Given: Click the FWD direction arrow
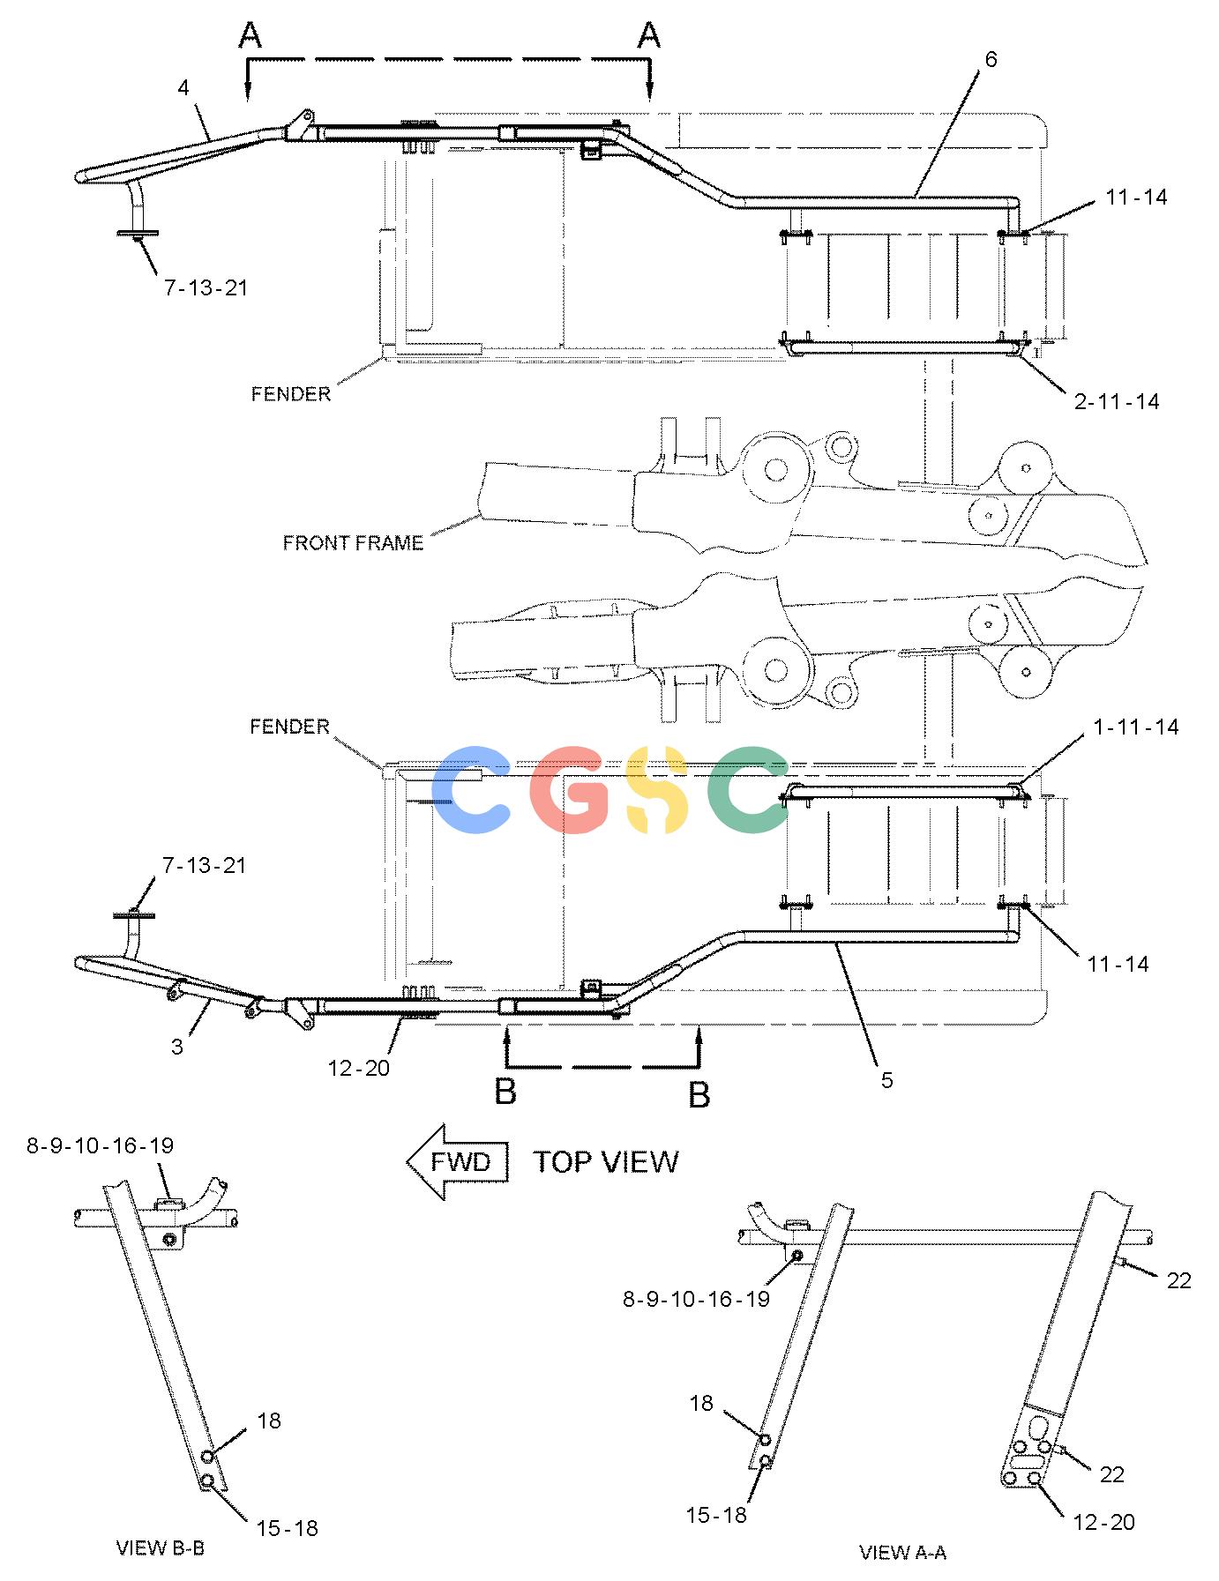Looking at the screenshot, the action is pos(458,1161).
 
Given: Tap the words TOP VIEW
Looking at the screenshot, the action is pos(606,1162).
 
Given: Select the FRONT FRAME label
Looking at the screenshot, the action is pos(353,543).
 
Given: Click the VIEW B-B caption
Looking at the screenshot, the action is pos(161,1547).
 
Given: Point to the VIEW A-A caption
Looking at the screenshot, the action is pos(902,1553).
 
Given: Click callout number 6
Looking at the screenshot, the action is pos(991,59).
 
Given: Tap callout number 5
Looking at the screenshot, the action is pos(886,1080).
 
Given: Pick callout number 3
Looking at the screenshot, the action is pos(177,1047).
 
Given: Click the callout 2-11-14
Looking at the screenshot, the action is pos(1117,402).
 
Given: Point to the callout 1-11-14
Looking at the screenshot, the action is pos(1136,727).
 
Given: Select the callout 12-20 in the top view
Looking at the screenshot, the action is pos(358,1068).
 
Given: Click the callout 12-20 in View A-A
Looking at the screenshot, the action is pos(1103,1522).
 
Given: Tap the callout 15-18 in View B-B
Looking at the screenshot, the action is pos(287,1528).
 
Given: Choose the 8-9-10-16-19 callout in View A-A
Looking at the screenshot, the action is pos(696,1299).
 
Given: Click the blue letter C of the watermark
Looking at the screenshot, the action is pos(473,789).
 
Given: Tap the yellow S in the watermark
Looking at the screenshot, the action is pos(654,789).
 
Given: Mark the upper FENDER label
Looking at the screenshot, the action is pos(290,393).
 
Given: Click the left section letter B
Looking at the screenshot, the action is pos(505,1092).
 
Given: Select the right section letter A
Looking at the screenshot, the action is pos(649,35).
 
